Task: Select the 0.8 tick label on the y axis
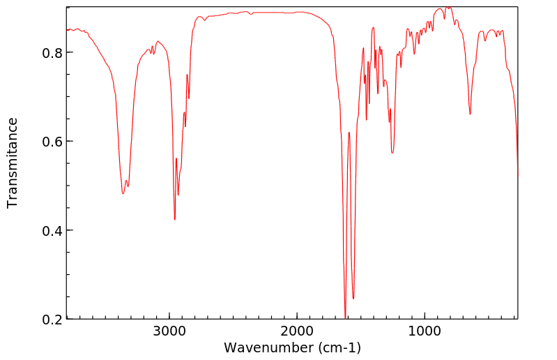pos(52,53)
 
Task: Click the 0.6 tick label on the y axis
pos(52,142)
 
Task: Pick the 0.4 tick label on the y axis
pos(52,230)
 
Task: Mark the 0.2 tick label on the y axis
pos(52,319)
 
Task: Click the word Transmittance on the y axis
pos(13,163)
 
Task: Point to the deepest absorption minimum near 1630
pos(345,317)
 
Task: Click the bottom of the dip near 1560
pos(353,299)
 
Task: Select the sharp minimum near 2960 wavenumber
pos(175,220)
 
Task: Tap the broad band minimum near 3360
pos(123,193)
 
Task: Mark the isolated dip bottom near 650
pos(470,114)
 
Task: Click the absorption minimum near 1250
pos(392,153)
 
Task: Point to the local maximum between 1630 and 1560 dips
pos(349,132)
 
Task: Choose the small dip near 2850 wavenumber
pos(189,98)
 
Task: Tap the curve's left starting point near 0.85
pos(67,30)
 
